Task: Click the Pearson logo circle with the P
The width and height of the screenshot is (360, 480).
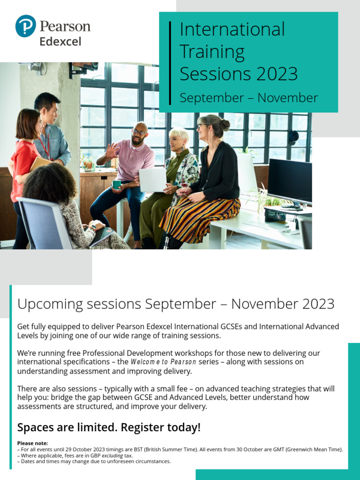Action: pos(25,26)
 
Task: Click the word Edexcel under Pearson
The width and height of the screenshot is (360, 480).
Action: pos(60,41)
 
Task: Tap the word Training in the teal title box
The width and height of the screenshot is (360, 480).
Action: pos(212,52)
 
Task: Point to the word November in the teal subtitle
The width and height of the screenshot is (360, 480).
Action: pos(287,98)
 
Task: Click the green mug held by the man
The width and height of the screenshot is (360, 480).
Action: pos(117,184)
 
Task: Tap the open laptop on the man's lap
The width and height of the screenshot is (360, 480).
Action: pos(152,180)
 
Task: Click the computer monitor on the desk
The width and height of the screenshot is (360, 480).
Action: pos(290,181)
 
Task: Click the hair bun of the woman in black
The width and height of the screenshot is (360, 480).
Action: pos(225,125)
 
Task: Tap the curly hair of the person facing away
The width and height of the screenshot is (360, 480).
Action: pos(49,185)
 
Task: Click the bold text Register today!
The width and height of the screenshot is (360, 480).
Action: pos(161,427)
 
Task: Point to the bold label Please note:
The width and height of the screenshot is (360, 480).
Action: pos(32,443)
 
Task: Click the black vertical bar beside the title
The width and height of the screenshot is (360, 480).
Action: pos(170,63)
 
